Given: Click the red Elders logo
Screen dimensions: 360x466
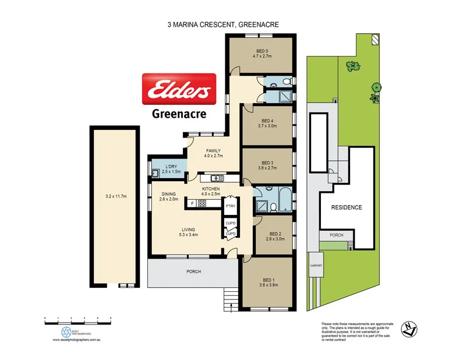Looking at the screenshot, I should [179, 89].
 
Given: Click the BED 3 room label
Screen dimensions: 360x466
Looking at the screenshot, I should [267, 163].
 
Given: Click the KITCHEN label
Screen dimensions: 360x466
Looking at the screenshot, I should [210, 190].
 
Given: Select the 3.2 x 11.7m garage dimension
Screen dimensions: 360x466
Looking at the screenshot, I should [114, 197].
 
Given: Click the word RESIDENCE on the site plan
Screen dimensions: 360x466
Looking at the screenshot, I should [347, 207].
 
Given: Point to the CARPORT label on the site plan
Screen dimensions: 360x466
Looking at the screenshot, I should [316, 265].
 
